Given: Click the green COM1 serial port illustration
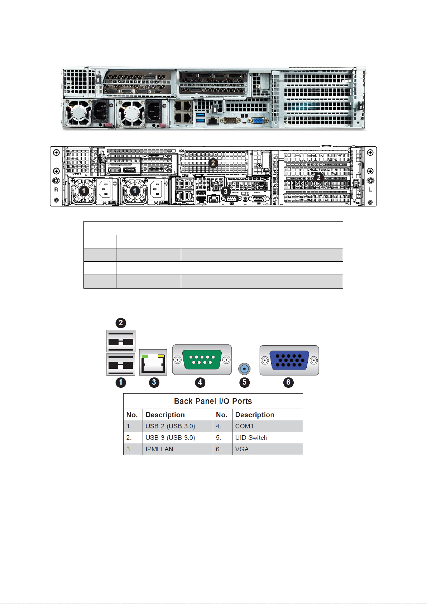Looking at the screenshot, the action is [x=202, y=360].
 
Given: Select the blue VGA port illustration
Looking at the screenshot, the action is [x=289, y=360].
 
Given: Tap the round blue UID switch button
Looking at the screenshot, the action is [x=244, y=368].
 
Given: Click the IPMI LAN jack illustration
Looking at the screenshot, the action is [x=153, y=362].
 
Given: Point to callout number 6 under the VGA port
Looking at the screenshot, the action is [x=288, y=382].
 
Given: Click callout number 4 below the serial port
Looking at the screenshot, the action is [x=200, y=382].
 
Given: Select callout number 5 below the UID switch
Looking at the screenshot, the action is [x=244, y=382].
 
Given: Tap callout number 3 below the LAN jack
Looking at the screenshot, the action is [x=154, y=382].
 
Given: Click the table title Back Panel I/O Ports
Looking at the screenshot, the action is [x=213, y=401].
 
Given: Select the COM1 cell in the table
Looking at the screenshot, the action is [x=244, y=426].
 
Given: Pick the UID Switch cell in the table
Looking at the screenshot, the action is [x=251, y=438].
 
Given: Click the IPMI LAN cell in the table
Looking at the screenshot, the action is [x=159, y=449].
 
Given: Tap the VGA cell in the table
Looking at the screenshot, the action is [x=242, y=449].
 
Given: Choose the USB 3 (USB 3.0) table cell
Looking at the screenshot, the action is [x=170, y=438].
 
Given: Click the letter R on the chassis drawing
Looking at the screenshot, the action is [x=56, y=190].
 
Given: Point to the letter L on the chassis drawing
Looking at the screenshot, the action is [x=370, y=190].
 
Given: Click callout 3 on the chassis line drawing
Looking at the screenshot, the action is [x=225, y=191].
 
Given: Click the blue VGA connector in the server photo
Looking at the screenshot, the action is [x=258, y=120].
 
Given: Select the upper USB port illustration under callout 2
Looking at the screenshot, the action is [x=121, y=341].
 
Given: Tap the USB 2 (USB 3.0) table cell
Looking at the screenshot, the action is [x=170, y=426].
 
